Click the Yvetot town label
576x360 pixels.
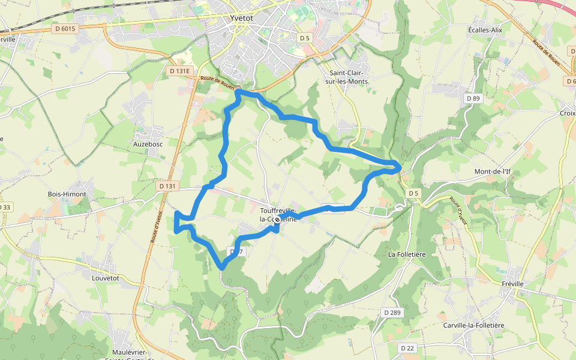click(242, 18)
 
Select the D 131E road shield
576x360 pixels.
click(179, 71)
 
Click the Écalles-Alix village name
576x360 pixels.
click(485, 29)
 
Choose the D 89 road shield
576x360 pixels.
click(473, 98)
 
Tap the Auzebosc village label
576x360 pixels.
click(149, 144)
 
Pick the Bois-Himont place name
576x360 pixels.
click(67, 194)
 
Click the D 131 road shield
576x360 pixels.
click(169, 187)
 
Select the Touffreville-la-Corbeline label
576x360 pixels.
click(278, 215)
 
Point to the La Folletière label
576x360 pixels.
click(407, 254)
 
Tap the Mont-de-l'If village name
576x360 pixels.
click(492, 172)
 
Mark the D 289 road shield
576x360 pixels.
click(391, 312)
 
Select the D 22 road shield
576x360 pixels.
click(407, 348)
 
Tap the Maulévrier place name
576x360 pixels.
click(130, 352)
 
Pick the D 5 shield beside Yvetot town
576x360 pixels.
click(305, 38)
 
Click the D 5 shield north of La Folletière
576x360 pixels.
click(413, 193)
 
